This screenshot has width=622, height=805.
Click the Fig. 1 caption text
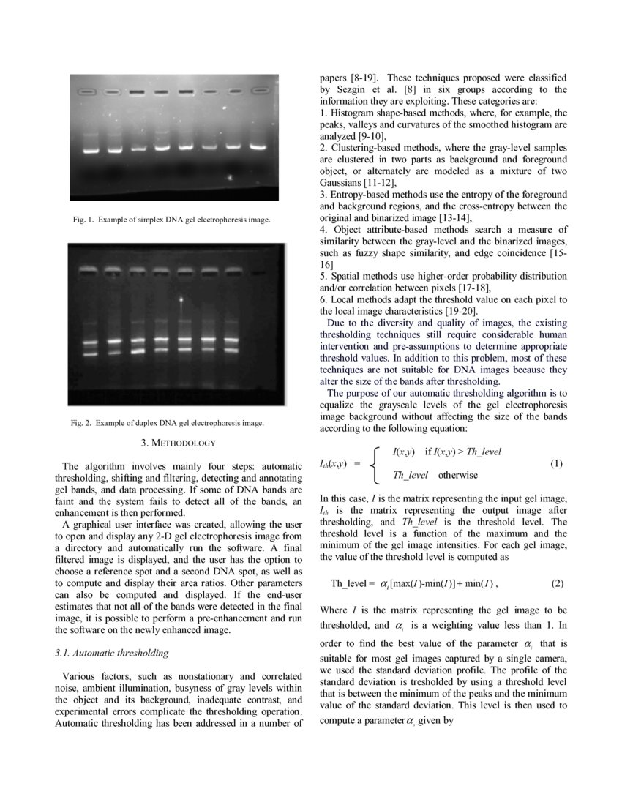pos(174,219)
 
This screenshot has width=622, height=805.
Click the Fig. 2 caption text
pos(168,423)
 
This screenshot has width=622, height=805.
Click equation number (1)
pos(556,464)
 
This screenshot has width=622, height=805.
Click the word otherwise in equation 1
pos(457,475)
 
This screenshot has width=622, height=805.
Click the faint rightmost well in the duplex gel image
pos(258,272)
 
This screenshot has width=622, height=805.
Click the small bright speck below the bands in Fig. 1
pos(230,177)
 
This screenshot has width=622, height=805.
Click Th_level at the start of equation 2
pos(352,583)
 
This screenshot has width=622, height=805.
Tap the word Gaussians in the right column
pos(345,183)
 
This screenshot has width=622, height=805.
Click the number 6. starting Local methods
pos(324,299)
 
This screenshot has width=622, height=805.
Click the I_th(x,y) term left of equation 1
pos(333,464)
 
